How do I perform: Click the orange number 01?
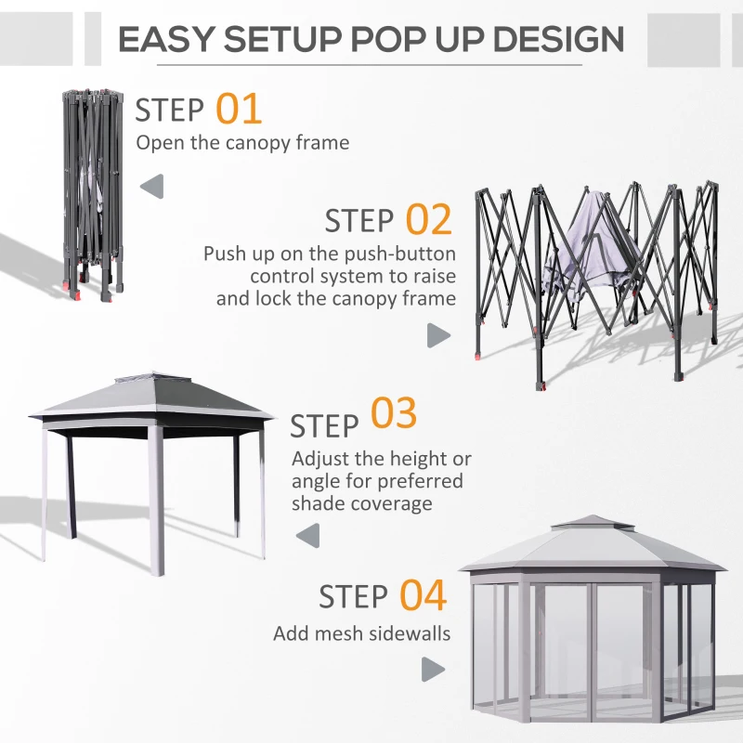pos(240,109)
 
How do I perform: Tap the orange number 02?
pos(428,220)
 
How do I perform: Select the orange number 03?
pos(394,415)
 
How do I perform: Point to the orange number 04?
pos(424,595)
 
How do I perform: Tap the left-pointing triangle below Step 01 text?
pos(151,186)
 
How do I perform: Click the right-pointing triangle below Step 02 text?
pos(437,335)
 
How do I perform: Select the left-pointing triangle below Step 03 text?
pos(306,534)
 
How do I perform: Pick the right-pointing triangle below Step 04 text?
pos(432,669)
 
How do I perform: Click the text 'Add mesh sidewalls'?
pos(361,633)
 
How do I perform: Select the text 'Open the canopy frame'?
pos(242,142)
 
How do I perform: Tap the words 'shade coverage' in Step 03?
pos(362,503)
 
